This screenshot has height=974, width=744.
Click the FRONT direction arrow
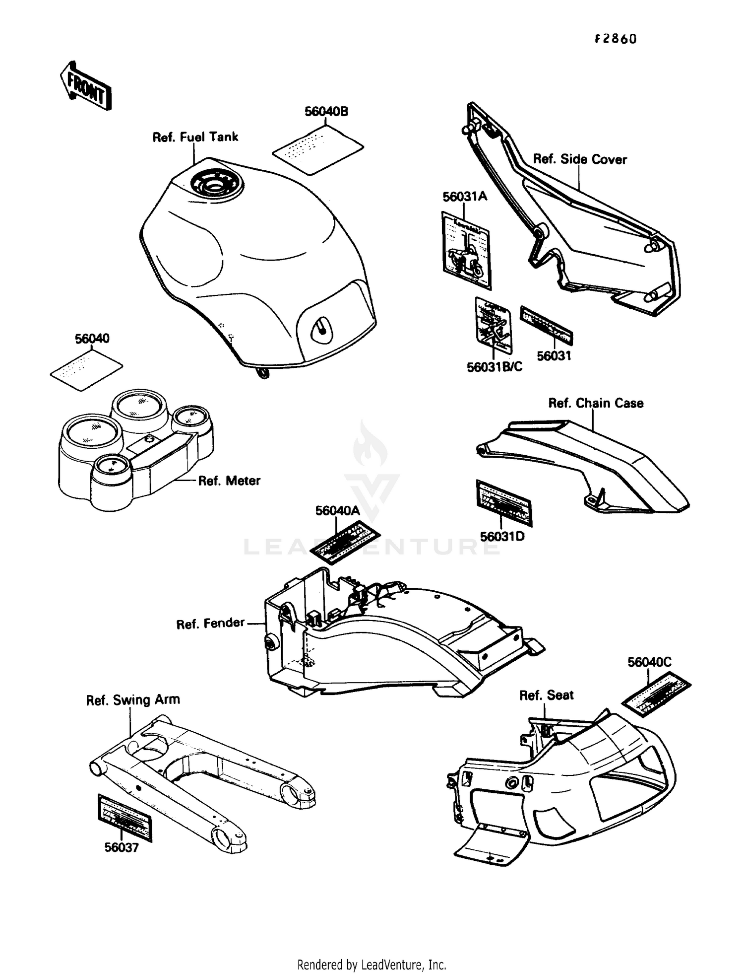(x=86, y=86)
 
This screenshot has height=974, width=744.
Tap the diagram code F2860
(x=615, y=39)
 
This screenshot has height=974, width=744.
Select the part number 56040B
(x=326, y=112)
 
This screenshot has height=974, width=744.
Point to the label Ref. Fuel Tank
(x=195, y=137)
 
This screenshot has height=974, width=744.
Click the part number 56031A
(x=465, y=197)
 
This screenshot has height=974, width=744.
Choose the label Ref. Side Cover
(x=579, y=159)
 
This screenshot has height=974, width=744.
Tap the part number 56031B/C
(x=494, y=367)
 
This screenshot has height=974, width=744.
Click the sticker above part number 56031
(x=546, y=326)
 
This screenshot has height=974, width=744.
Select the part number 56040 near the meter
(x=92, y=339)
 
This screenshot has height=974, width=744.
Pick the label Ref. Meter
(x=229, y=481)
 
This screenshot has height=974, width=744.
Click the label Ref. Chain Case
(x=595, y=403)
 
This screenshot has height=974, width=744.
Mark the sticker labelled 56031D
(x=504, y=502)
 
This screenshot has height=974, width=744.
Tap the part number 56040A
(x=337, y=511)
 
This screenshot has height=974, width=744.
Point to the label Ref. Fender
(x=210, y=623)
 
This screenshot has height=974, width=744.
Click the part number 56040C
(x=649, y=662)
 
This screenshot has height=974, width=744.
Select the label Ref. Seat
(x=546, y=695)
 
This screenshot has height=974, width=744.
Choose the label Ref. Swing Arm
(x=132, y=700)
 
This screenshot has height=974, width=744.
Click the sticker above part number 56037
(x=124, y=817)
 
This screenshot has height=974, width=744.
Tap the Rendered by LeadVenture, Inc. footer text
(x=372, y=965)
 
